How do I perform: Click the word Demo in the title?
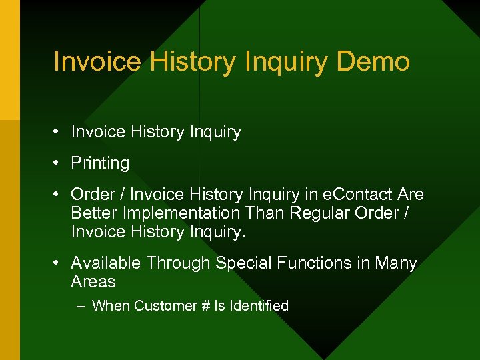[373, 62]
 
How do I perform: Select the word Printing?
[100, 163]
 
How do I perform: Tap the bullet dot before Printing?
[59, 163]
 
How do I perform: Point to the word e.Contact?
[360, 195]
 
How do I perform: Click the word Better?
[93, 213]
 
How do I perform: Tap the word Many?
[395, 263]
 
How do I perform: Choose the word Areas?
[93, 282]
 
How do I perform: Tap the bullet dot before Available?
[59, 263]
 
